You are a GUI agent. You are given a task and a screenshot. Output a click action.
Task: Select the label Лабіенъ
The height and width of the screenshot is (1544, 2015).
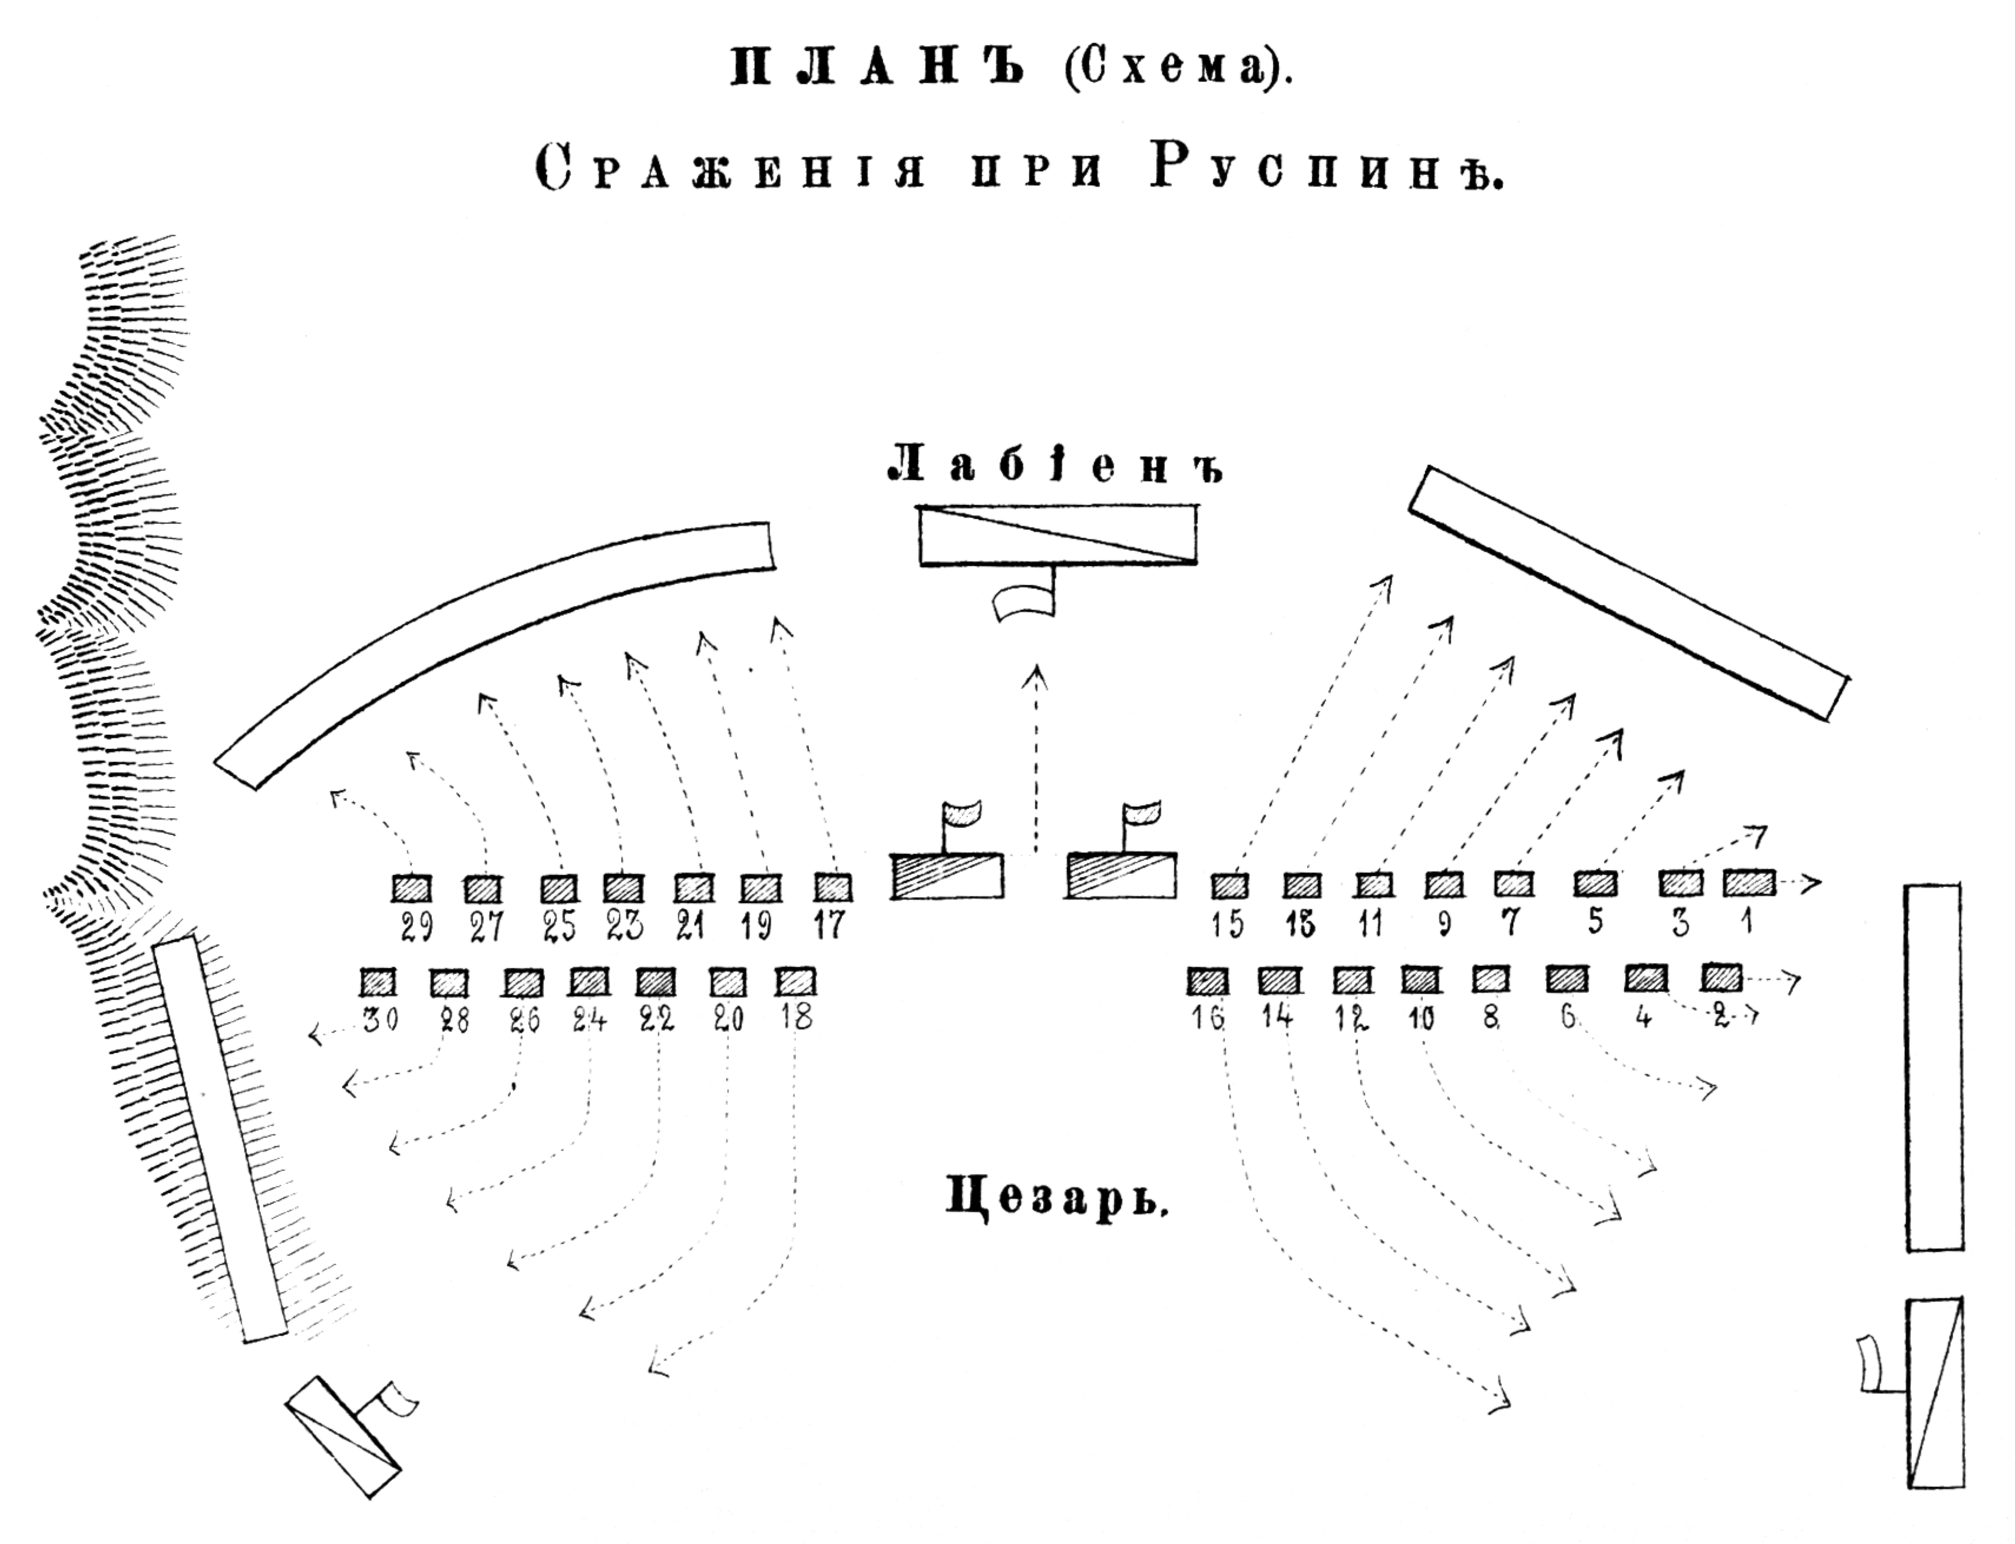pos(1056,464)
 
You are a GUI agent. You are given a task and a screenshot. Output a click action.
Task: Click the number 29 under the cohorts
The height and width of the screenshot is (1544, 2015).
pos(416,928)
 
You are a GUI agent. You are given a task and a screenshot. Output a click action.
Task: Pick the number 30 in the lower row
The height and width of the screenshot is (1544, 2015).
pos(381,1020)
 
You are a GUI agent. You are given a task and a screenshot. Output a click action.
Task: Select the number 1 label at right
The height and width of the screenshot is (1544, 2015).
pos(1748,921)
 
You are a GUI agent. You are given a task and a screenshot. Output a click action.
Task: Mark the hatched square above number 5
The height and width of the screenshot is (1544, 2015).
pos(1596,883)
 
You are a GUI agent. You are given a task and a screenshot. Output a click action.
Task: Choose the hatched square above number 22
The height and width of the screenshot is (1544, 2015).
pos(655,982)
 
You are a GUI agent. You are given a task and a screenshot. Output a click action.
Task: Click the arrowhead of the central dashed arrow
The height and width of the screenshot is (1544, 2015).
pos(1038,675)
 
